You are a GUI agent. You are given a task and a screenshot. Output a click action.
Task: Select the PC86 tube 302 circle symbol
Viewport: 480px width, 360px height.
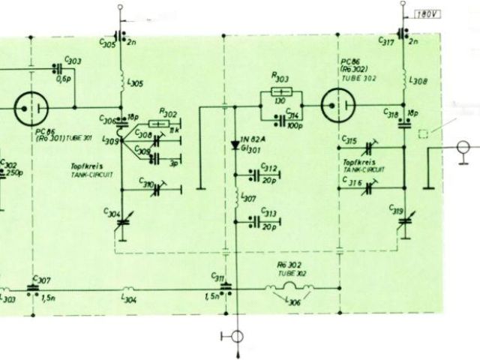coord(337,106)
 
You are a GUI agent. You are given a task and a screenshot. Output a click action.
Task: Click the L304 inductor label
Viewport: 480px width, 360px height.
coord(129,301)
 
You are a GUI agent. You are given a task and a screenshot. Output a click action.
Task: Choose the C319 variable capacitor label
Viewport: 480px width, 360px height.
coord(396,211)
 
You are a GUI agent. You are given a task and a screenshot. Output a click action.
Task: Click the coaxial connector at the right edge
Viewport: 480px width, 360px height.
coord(463,148)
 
